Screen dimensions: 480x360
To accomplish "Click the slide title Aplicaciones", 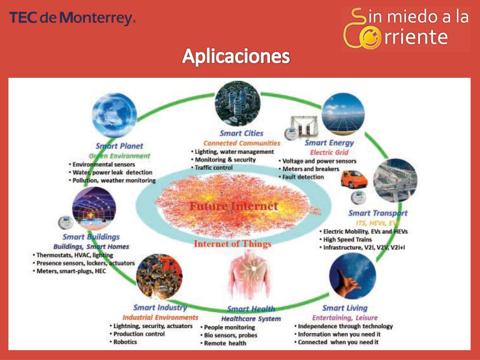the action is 236,56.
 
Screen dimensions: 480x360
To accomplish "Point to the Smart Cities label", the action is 241,134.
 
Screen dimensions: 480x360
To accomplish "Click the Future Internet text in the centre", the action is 233,206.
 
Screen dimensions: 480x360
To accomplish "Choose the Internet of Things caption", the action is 232,244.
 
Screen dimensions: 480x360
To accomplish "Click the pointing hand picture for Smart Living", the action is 353,276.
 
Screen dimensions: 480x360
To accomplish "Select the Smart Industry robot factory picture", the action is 159,277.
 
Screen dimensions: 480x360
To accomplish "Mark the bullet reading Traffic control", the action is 214,168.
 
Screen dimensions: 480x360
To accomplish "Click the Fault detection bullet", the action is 303,177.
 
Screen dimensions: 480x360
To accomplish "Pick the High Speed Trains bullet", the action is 347,240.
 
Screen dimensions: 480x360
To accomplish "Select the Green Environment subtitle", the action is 120,156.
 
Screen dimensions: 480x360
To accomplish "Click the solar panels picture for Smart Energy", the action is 343,115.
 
